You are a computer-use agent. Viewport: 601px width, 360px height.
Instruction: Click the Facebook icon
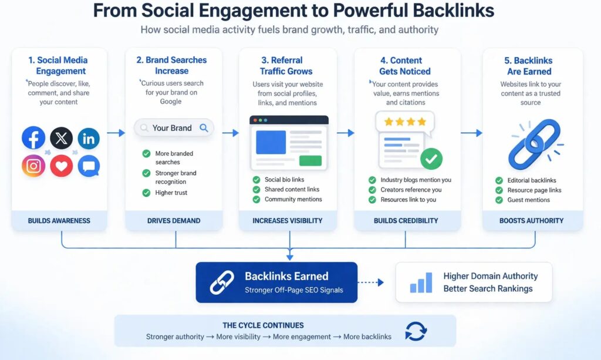click(33, 138)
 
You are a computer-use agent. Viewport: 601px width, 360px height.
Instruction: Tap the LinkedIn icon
click(89, 139)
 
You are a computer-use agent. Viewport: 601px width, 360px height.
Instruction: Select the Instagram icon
click(33, 166)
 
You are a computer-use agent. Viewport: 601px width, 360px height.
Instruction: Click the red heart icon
click(61, 166)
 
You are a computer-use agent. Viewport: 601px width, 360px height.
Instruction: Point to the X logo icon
click(61, 139)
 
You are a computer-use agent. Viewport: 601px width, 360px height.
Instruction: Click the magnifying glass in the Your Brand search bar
click(204, 127)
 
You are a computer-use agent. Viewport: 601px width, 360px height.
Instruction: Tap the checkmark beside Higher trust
click(146, 193)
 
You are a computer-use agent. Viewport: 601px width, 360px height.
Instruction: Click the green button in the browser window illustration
click(310, 160)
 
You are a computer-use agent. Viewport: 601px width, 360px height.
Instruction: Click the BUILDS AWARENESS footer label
click(59, 221)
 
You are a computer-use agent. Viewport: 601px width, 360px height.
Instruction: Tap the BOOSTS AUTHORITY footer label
click(532, 221)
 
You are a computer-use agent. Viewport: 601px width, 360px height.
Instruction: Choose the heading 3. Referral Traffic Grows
click(288, 66)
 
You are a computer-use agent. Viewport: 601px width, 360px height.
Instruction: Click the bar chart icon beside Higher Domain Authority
click(421, 282)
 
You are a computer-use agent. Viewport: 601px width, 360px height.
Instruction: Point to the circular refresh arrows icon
click(416, 331)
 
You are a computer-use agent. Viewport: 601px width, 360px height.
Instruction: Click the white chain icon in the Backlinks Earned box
click(221, 282)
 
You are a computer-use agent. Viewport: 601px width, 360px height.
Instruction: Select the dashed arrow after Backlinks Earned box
click(370, 282)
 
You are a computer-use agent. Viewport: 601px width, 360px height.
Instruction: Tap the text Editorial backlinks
click(532, 180)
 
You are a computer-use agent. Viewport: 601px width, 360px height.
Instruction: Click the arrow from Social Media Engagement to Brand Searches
click(116, 133)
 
